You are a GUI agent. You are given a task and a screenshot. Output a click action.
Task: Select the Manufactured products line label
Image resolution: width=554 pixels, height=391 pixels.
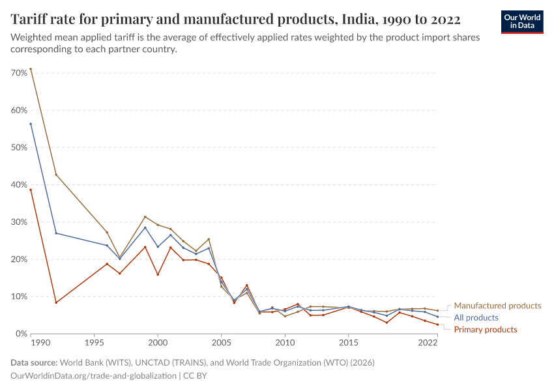(x=497, y=306)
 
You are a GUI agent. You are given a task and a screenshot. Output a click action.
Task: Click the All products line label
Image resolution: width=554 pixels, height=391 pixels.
(x=476, y=318)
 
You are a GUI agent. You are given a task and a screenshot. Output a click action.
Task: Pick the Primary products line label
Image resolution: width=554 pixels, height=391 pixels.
(x=486, y=330)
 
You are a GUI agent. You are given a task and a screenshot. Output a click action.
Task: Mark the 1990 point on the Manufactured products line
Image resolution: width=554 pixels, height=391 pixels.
(x=31, y=69)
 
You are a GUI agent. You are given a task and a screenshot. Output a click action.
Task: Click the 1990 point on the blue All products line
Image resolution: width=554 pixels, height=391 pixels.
(x=31, y=124)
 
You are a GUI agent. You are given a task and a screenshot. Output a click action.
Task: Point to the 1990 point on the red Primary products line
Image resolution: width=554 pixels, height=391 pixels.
(x=31, y=190)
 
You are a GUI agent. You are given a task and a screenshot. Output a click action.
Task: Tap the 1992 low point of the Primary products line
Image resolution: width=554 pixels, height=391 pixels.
(x=56, y=302)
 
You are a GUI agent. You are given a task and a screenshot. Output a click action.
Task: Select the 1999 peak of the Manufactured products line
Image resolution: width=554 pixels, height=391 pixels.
(x=145, y=217)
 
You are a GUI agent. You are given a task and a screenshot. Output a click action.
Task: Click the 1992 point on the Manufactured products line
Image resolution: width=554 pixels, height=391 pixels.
(x=56, y=175)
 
